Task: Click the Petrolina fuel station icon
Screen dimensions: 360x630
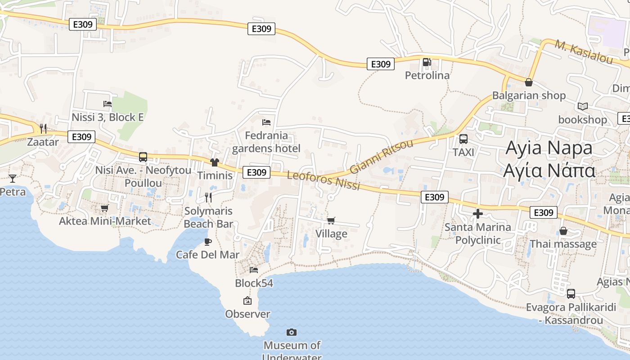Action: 426,62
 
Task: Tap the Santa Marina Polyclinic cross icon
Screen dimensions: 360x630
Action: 478,214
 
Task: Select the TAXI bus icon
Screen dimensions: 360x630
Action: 463,139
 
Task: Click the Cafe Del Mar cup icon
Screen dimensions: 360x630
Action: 207,242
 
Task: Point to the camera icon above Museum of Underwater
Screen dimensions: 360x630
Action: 292,333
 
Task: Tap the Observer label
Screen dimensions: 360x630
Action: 247,314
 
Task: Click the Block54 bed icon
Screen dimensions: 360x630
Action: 254,270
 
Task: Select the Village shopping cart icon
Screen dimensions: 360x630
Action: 331,220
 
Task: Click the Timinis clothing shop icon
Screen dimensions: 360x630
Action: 214,162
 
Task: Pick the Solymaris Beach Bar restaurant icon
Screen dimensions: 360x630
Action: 208,197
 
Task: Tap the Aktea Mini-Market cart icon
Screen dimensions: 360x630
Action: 104,208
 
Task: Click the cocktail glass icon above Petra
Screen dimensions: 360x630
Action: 12,179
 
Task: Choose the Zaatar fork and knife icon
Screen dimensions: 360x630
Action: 43,129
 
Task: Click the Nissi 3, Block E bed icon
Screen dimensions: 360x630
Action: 108,104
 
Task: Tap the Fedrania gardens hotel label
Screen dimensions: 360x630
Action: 266,142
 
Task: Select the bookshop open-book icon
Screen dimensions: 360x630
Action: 583,107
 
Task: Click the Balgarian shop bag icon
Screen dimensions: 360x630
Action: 529,82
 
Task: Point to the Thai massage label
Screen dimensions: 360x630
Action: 563,244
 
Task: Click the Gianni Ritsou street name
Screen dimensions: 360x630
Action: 381,157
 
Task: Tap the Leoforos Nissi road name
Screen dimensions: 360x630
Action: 324,180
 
